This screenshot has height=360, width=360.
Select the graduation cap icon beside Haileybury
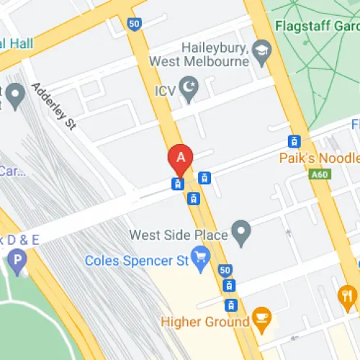coord(261,50)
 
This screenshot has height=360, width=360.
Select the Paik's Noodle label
coord(320,158)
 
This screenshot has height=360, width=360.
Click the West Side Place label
coord(179,235)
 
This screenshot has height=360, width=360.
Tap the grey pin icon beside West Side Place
coord(243,233)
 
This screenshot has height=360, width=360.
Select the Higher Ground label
coord(205,322)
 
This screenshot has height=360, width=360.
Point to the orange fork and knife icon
coord(348,294)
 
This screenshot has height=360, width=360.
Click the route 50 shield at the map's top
coord(134,23)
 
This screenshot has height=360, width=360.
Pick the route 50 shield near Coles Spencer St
coord(225,271)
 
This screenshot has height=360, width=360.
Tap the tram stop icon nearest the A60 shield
coord(294,142)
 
